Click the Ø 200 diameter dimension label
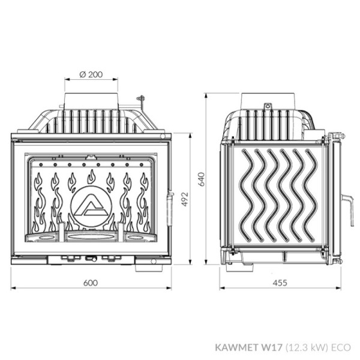point(91,75)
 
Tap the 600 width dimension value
point(91,282)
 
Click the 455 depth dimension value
point(280,282)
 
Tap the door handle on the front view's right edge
point(170,197)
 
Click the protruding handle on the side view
point(346,200)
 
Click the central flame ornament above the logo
point(91,176)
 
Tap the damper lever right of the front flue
point(140,99)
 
